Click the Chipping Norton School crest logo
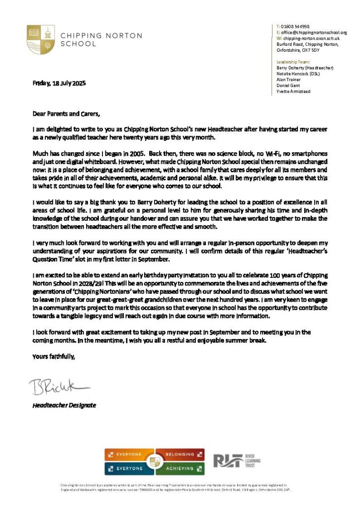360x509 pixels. pyautogui.click(x=40, y=39)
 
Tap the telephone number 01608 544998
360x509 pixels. pyautogui.click(x=295, y=26)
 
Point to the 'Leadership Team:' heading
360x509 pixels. pyautogui.click(x=293, y=62)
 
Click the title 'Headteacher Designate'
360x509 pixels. pyautogui.click(x=64, y=405)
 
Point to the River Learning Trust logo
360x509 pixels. pyautogui.click(x=237, y=461)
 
